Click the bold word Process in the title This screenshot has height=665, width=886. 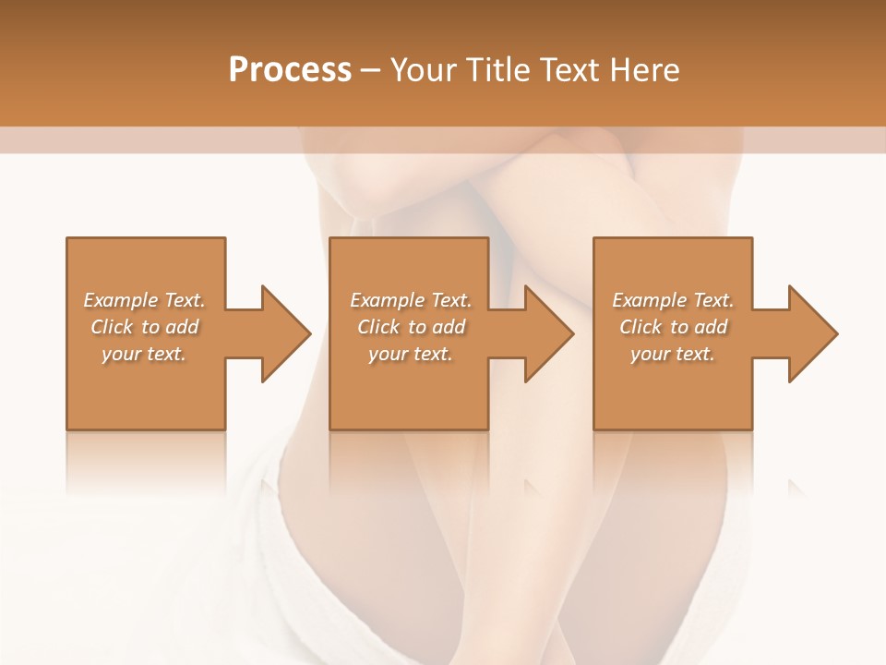pos(290,70)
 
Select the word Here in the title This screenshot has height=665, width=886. pos(646,70)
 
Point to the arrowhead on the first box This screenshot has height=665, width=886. pos(281,333)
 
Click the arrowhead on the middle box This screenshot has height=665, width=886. pos(545,333)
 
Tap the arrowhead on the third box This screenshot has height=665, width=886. pos(808,333)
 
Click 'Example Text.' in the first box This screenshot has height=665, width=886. pos(144,300)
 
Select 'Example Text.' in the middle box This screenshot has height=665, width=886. pos(411,300)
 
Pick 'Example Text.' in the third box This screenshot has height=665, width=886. pos(673,300)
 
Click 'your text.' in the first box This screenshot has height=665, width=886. pos(144,354)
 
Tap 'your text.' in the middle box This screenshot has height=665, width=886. pos(411,354)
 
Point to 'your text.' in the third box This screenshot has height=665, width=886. pos(673,354)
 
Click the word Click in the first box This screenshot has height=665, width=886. pos(112,327)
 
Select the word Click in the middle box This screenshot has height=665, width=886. pos(378,327)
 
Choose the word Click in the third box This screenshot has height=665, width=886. pos(641,327)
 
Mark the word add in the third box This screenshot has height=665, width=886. pos(710,327)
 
